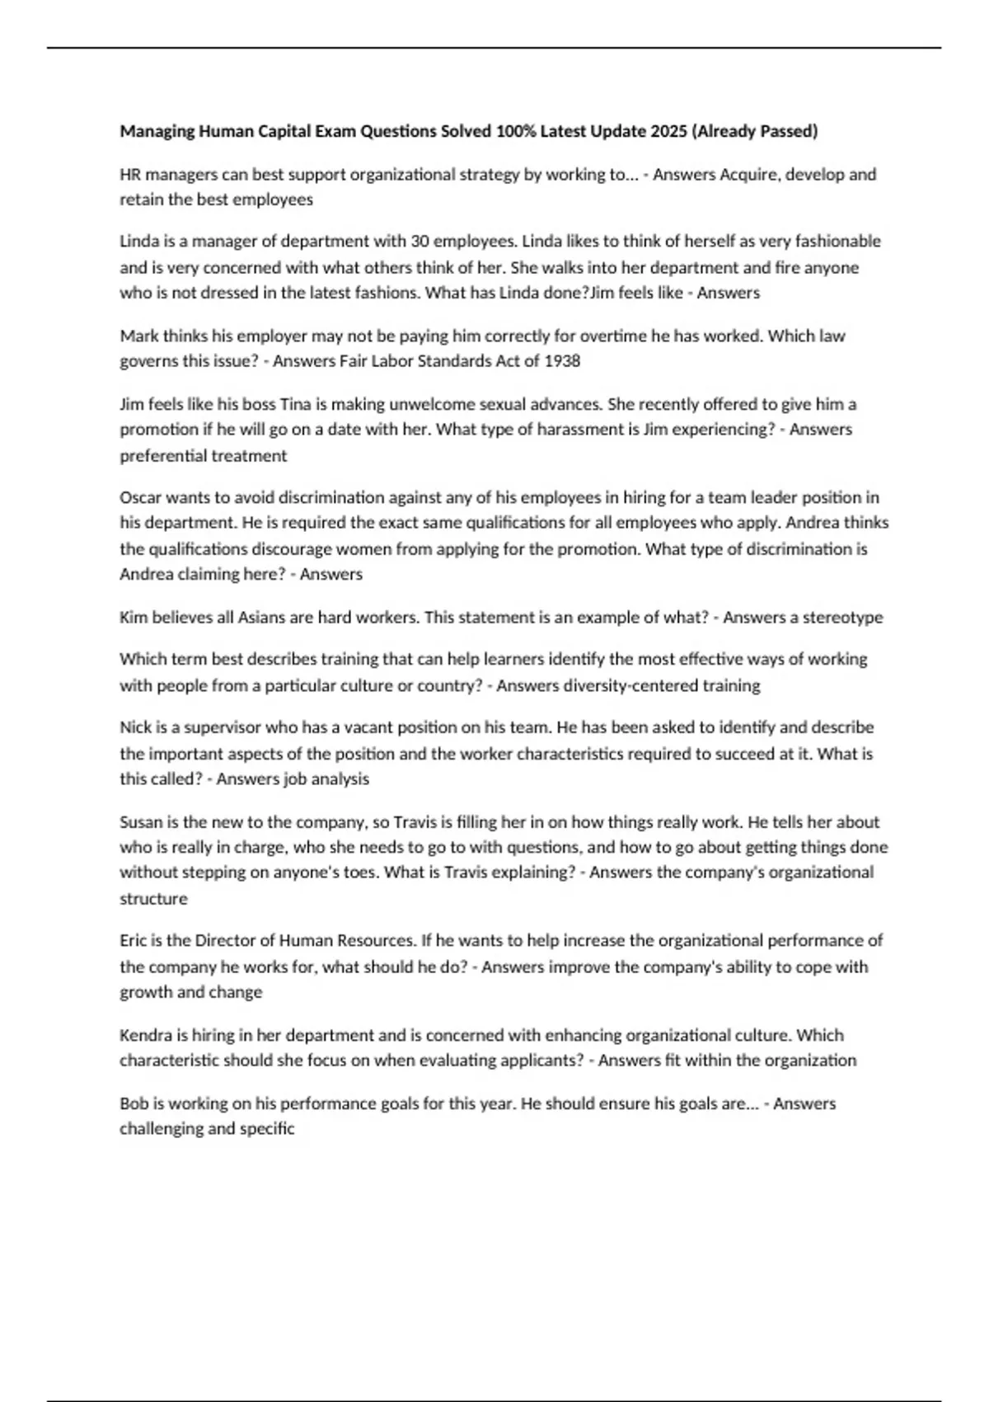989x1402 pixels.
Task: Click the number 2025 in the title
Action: [668, 131]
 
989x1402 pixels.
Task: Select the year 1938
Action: [562, 361]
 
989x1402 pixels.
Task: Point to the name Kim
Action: [134, 617]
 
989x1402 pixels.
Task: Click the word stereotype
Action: [842, 617]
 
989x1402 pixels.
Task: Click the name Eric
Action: [135, 940]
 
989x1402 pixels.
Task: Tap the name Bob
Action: [134, 1103]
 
